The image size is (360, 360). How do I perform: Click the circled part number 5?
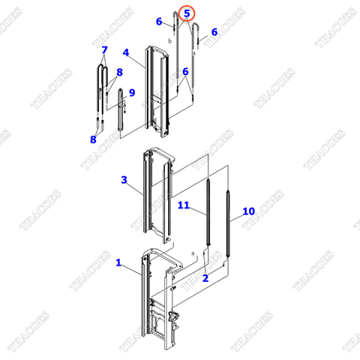pos(187,13)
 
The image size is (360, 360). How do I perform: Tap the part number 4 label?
pos(126,52)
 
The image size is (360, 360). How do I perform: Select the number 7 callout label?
pos(104,49)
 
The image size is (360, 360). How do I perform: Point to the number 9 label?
pos(132,93)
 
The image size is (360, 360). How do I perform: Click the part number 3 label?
pos(124,180)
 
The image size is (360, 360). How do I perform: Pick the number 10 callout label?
pos(249,211)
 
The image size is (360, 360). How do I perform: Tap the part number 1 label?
pos(118,262)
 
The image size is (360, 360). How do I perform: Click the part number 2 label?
pos(205,278)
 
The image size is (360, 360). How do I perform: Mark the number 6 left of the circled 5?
pos(159,22)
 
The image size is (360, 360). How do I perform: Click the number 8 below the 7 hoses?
pos(93,139)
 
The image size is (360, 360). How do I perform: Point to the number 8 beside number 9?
pos(118,72)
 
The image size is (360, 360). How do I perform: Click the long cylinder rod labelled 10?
pos(225,225)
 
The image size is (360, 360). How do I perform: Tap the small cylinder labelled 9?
pos(120,112)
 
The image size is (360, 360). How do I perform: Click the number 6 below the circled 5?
pos(184,71)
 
